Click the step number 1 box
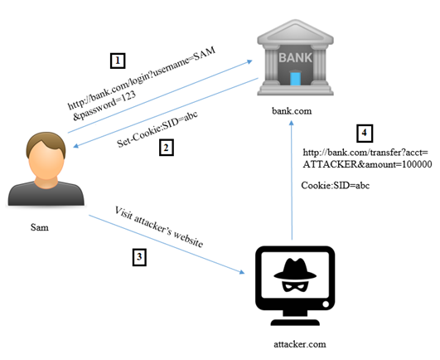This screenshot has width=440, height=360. pos(118,61)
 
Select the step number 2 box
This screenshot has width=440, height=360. pos(167,147)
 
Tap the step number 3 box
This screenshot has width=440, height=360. pos(139,257)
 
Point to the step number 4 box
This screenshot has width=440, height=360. pos(364,134)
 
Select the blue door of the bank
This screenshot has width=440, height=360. pos(294,80)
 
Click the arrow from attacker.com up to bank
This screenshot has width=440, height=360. pos(291,182)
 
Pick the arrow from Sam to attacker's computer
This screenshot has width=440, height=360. pos(166,246)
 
